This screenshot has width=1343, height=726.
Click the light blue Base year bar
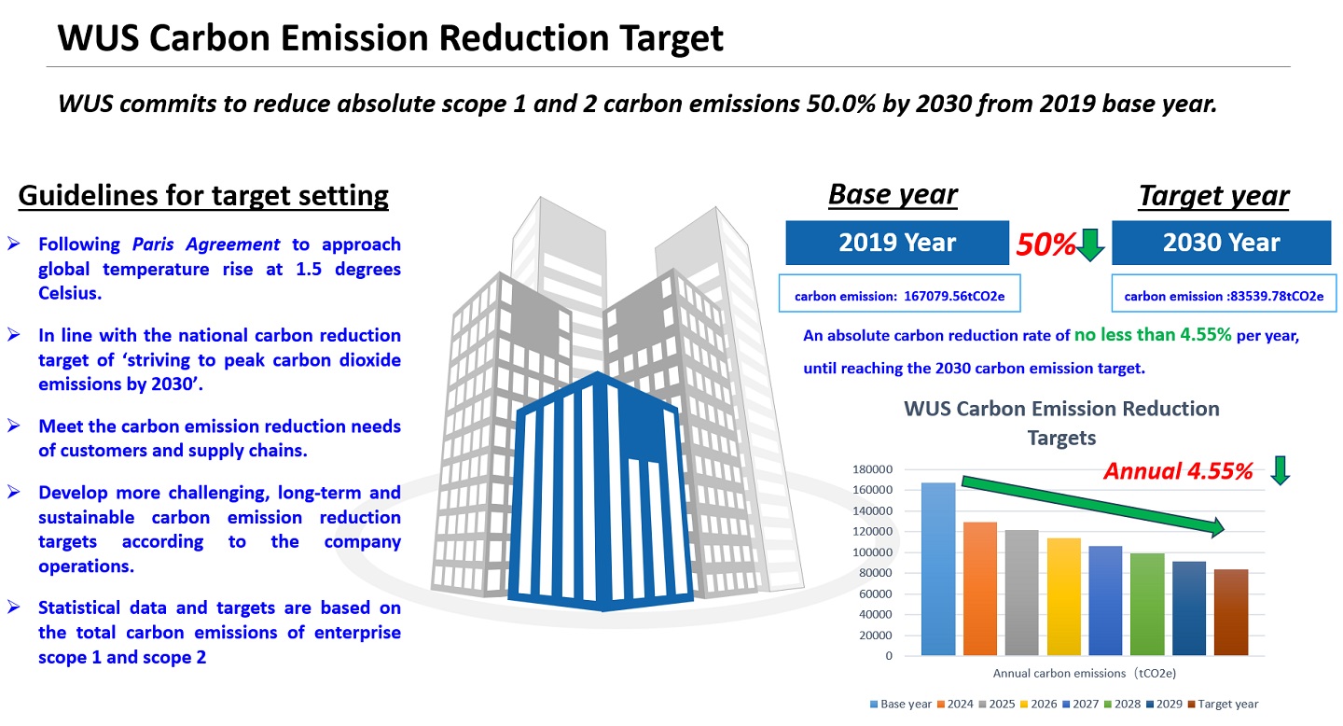tap(938, 569)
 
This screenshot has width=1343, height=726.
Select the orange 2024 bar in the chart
tap(980, 589)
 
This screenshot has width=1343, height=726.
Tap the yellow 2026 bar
tap(1063, 596)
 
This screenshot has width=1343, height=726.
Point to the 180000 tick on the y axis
tap(873, 469)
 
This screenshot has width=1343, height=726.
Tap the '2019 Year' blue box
tap(897, 243)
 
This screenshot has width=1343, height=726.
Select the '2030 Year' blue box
tap(1222, 243)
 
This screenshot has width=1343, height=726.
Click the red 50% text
tap(1045, 244)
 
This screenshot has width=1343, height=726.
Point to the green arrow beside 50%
tap(1090, 244)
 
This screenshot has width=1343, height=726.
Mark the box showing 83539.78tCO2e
tap(1223, 296)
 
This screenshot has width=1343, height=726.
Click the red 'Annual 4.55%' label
tap(1178, 471)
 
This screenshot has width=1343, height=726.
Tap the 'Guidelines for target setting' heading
tap(203, 196)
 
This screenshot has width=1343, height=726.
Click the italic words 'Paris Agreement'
tap(206, 244)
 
